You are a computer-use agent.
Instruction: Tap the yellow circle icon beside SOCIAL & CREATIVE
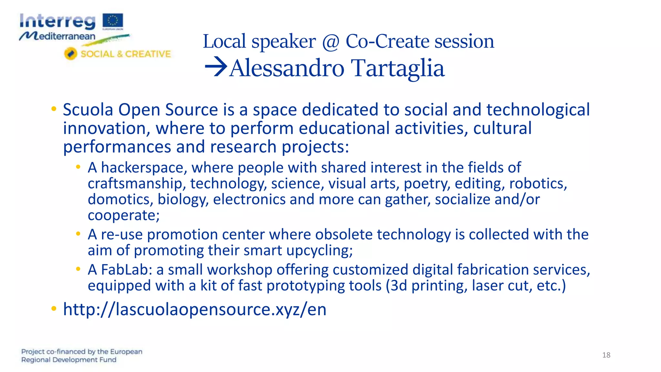point(70,54)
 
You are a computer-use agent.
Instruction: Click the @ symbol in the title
point(330,42)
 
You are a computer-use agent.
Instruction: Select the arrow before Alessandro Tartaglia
point(216,67)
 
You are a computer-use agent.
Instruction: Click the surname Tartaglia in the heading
point(398,68)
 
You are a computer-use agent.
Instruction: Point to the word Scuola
point(88,110)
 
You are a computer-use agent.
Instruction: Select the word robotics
point(538,183)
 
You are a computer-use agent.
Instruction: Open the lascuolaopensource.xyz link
point(195,309)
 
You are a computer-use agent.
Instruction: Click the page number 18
point(606,355)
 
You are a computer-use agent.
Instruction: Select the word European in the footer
point(126,351)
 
